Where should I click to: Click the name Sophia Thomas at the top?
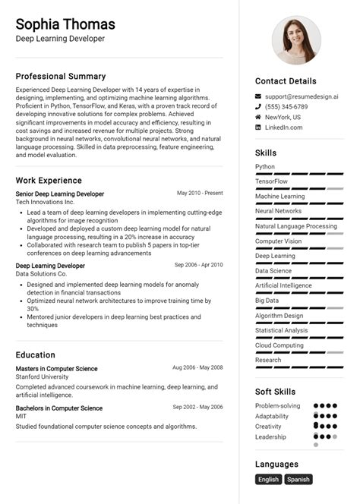(65, 24)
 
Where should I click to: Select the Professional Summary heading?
(61, 76)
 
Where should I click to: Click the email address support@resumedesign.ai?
(302, 96)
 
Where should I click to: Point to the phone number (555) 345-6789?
(286, 107)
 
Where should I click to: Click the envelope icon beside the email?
(258, 97)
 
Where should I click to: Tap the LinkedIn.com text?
(283, 128)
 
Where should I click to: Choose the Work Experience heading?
(49, 181)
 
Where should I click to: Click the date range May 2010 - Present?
(200, 194)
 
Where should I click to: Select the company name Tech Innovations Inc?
(45, 203)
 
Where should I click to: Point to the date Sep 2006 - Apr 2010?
(198, 265)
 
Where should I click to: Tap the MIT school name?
(22, 417)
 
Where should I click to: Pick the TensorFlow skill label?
(271, 181)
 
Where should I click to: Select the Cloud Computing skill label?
(279, 345)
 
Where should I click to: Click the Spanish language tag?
(298, 480)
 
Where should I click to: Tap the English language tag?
(269, 480)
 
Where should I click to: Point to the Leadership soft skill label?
(271, 437)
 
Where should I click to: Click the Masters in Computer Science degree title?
(56, 368)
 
